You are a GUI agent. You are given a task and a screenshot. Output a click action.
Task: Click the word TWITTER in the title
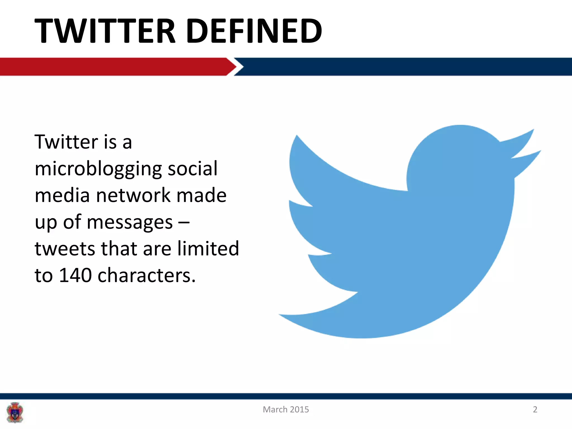click(105, 31)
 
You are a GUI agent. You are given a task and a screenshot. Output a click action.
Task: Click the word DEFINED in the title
click(254, 31)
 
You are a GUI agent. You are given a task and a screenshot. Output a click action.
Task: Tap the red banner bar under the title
click(112, 66)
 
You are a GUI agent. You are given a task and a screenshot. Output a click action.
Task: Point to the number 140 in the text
click(75, 275)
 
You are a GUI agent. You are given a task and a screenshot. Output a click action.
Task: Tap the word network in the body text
click(133, 195)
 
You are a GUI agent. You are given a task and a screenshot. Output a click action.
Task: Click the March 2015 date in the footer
click(286, 409)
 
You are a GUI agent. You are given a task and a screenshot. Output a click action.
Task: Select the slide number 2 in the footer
click(535, 409)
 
